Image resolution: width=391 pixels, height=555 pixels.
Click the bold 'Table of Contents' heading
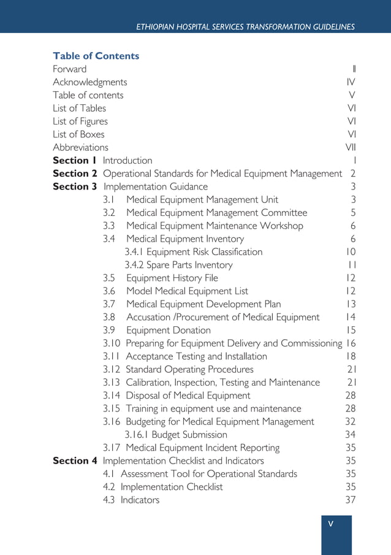click(96, 56)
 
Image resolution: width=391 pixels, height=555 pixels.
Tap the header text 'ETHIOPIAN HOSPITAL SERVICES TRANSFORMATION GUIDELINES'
click(245, 27)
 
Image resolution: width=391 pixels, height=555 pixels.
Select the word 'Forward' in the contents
click(69, 69)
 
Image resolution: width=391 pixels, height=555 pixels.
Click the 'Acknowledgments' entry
click(90, 82)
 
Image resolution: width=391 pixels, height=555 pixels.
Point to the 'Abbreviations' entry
click(80, 147)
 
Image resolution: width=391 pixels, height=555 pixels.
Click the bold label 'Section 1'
click(75, 160)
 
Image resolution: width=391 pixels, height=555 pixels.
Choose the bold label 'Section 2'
click(75, 174)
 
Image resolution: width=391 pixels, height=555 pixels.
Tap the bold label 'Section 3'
click(75, 186)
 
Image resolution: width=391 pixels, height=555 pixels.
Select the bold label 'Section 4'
click(75, 461)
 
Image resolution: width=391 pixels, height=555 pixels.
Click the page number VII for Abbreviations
click(350, 147)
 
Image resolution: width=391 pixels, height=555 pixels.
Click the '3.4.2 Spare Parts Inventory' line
click(178, 265)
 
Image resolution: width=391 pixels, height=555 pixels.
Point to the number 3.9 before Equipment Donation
click(109, 330)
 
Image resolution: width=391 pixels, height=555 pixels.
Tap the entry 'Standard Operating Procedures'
click(189, 369)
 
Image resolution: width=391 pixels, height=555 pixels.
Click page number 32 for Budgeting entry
click(350, 421)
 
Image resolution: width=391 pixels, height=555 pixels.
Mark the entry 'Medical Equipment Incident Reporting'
click(202, 448)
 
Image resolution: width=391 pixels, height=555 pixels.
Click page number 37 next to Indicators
click(350, 500)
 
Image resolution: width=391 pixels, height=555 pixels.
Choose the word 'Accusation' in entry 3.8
click(150, 317)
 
